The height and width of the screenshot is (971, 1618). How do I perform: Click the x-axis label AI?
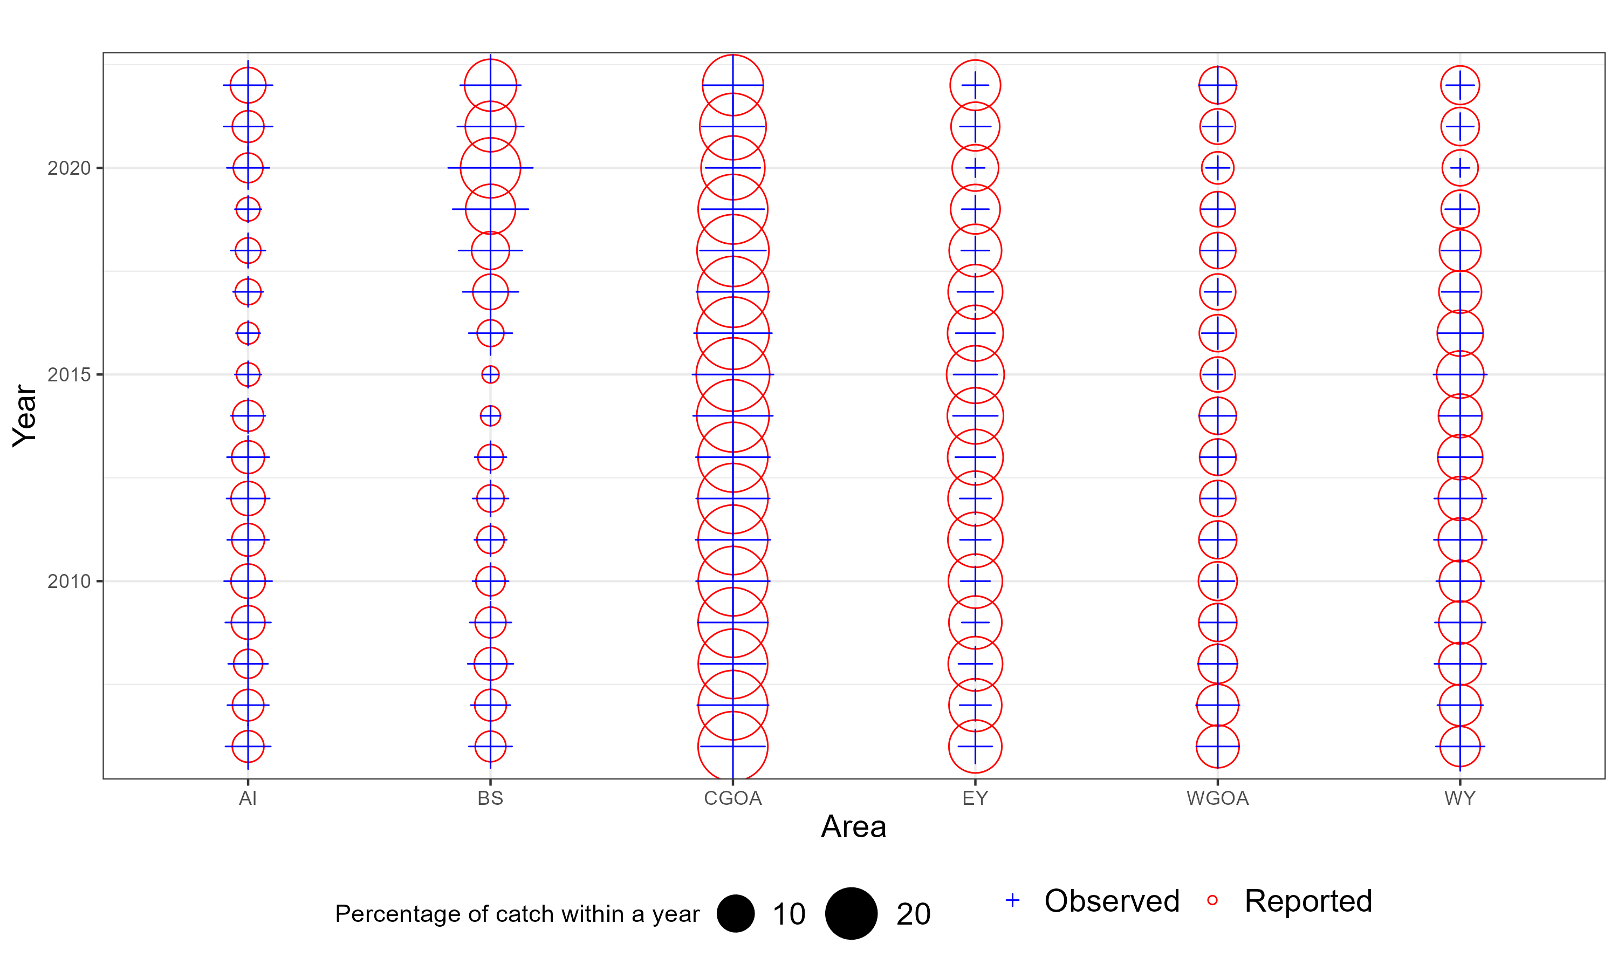(248, 798)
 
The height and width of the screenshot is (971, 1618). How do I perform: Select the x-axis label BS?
(490, 798)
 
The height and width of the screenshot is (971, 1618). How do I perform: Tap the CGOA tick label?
(732, 798)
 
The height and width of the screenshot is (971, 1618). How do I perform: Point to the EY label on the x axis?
(975, 798)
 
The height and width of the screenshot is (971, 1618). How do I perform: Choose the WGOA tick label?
(1217, 798)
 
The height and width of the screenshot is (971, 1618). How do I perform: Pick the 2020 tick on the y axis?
(68, 168)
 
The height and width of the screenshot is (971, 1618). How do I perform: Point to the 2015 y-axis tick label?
(68, 375)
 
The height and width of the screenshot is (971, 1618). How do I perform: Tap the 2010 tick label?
(68, 581)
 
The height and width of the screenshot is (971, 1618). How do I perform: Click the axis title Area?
(853, 827)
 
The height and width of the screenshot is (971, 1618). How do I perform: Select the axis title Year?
(25, 415)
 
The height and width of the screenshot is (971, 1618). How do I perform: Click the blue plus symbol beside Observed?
(1012, 900)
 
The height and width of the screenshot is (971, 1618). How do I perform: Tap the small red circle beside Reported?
(1212, 900)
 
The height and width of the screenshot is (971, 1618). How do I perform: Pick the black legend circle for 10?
(736, 913)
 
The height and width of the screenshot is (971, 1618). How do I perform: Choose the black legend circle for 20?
(851, 913)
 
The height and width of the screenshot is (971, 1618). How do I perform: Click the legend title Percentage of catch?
(517, 913)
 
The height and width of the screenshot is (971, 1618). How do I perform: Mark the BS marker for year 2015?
(490, 375)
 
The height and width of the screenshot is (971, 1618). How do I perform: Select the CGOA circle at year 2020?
(732, 168)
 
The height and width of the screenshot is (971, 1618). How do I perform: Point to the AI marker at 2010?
(248, 581)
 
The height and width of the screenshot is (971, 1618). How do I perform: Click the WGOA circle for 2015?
(1217, 375)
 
